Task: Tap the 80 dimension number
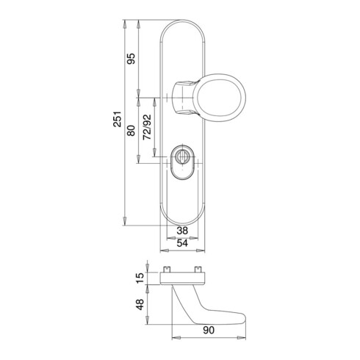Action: [x=133, y=133]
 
